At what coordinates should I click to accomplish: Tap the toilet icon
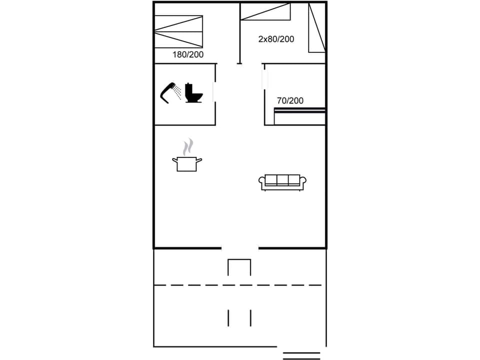pos(193,93)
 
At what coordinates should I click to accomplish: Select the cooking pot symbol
pos(187,163)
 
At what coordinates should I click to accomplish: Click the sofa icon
pos(282,182)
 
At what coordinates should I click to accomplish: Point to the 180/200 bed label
pos(188,55)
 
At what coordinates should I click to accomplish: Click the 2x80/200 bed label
pos(276,39)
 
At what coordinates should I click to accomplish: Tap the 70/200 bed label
pos(290,100)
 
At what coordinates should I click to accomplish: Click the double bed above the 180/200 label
pos(179,31)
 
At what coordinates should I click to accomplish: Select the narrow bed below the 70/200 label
pos(299,117)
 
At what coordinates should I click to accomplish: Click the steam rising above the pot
pos(187,147)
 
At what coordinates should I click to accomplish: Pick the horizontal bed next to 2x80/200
pos(265,12)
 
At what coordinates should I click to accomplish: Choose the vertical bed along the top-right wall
pos(316,27)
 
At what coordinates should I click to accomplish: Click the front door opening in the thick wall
pos(240,247)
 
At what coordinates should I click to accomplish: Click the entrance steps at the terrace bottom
pos(301,355)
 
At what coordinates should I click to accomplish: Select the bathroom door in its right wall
pos(214,92)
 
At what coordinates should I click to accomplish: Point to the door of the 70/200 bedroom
pos(264,80)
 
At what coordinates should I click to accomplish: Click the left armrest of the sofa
pos(261,182)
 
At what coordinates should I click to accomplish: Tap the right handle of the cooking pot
pos(199,160)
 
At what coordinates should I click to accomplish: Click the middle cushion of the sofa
pos(282,179)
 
